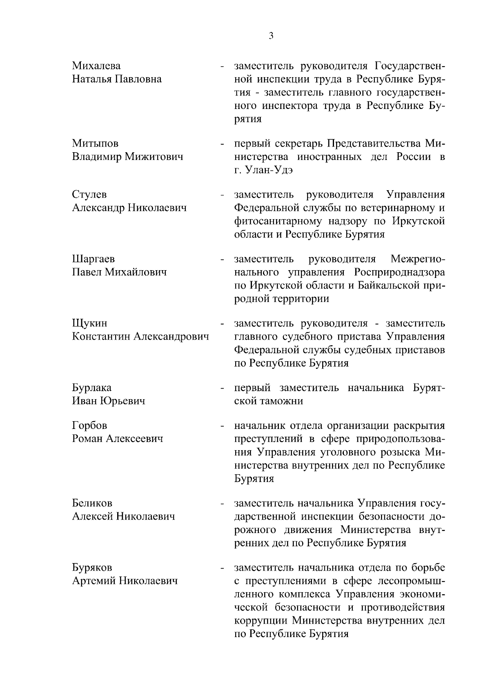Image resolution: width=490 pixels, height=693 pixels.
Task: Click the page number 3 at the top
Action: coord(271,36)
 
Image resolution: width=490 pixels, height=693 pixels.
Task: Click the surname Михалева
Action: coord(96,66)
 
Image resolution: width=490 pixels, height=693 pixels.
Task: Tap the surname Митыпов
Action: coord(95,144)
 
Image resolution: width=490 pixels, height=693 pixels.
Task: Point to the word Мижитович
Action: coord(154,157)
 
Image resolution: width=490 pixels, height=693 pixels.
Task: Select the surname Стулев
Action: coord(89,195)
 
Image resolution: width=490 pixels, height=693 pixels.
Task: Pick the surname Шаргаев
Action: coord(94,259)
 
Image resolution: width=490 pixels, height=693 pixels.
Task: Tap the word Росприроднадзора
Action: coord(399,272)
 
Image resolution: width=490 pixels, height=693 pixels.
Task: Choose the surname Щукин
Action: coord(90,324)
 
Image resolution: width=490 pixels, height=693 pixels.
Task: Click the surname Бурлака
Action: coord(92,388)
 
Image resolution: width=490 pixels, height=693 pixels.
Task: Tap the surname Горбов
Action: coord(90,426)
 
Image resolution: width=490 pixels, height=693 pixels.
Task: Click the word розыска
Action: coord(400,452)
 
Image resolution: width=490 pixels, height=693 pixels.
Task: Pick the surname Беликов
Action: coord(92,503)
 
